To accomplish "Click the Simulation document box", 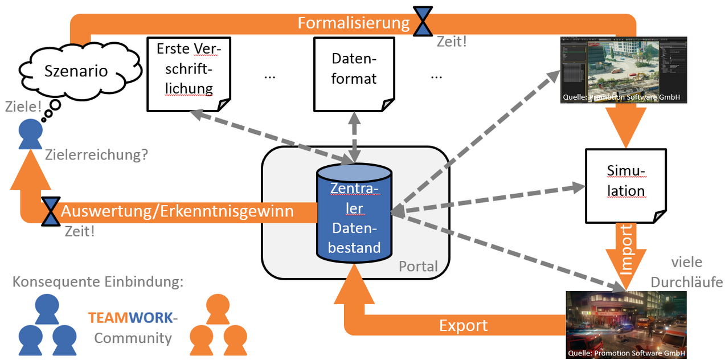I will click(x=625, y=182).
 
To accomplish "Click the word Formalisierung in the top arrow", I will click(x=354, y=23).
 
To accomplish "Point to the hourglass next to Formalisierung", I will click(x=423, y=22).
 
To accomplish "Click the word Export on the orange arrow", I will click(x=463, y=325).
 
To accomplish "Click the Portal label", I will click(x=418, y=266).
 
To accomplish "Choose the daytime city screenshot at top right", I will click(x=623, y=69).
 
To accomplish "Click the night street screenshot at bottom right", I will click(x=626, y=325).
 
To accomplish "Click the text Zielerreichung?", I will click(x=96, y=154).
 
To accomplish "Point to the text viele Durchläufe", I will click(x=686, y=272).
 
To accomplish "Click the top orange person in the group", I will click(x=218, y=308).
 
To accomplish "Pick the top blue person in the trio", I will click(x=47, y=308).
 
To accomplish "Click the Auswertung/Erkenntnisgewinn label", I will click(x=177, y=211).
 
